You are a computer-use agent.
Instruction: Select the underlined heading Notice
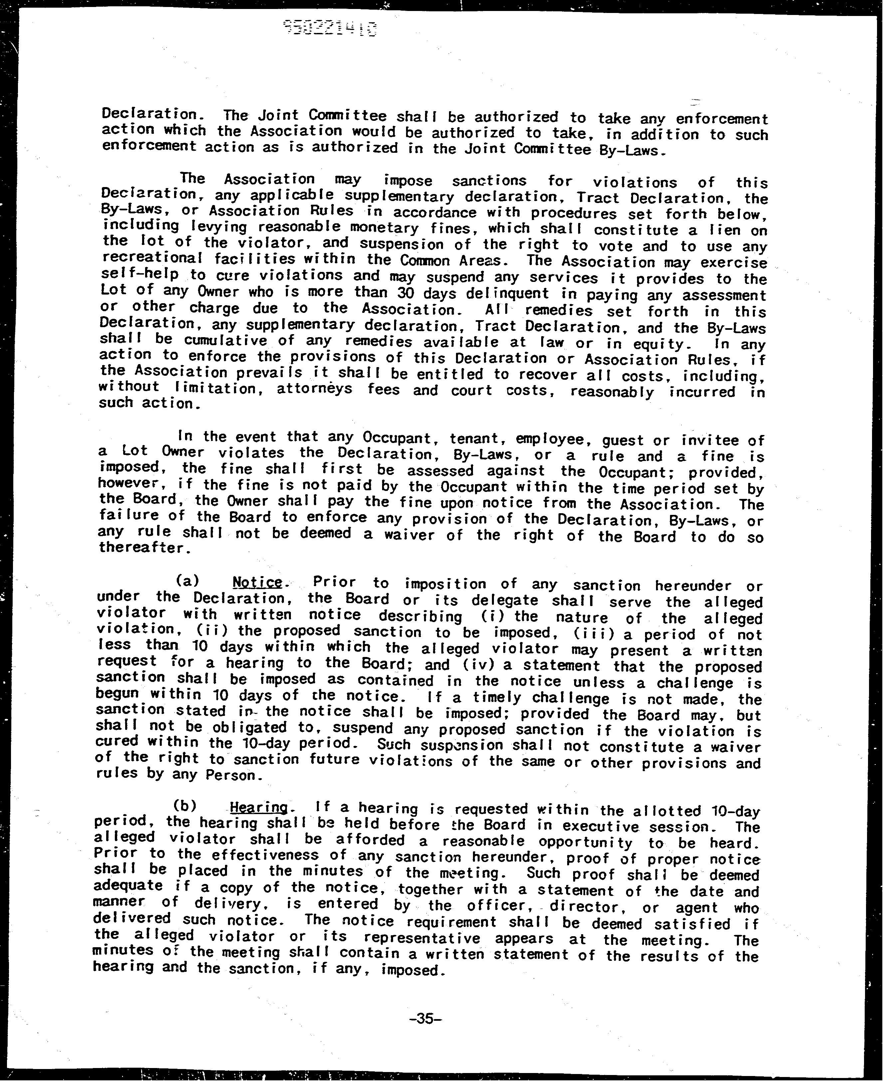click(x=257, y=582)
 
